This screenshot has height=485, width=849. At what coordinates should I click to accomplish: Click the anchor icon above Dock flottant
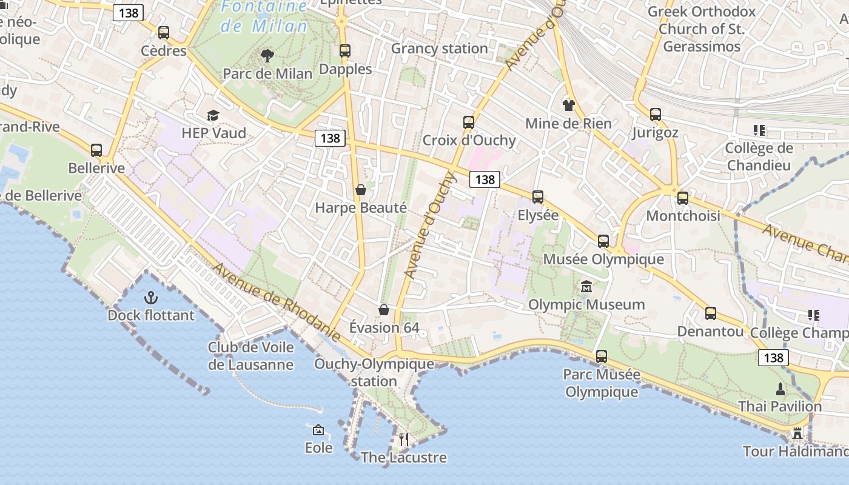pos(150,298)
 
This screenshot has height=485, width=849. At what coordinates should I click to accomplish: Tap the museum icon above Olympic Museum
pos(586,287)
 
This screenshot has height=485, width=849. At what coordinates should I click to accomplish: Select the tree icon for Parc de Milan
pos(267,56)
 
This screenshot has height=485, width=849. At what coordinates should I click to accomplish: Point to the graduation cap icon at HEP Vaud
pos(212,116)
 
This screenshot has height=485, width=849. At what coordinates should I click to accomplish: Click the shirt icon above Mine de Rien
pos(568,105)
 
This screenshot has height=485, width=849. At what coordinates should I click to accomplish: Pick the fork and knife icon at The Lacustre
pos(404,440)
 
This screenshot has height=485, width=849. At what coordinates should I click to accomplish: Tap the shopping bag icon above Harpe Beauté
pos(361,190)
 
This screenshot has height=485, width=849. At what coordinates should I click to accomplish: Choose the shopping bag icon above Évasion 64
pos(384,310)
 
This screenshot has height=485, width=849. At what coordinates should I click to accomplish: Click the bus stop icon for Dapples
pos(345,51)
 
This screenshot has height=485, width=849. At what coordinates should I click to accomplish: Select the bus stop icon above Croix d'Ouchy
pos(469,122)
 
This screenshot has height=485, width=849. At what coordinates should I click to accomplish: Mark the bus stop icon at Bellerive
pos(96,150)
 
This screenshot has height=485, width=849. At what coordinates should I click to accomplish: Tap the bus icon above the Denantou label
pos(710,313)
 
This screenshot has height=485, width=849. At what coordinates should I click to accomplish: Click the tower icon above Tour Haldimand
pos(797,433)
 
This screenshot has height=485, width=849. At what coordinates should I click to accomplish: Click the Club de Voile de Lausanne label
pos(250,356)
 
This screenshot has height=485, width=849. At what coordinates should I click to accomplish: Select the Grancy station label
pos(439,48)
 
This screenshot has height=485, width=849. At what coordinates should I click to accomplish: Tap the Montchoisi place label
pos(683,216)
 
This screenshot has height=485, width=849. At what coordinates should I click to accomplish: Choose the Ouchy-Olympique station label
pos(374,372)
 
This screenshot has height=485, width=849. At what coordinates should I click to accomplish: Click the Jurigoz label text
pos(655,132)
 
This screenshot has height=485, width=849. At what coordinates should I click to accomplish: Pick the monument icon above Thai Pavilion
pos(780,389)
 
